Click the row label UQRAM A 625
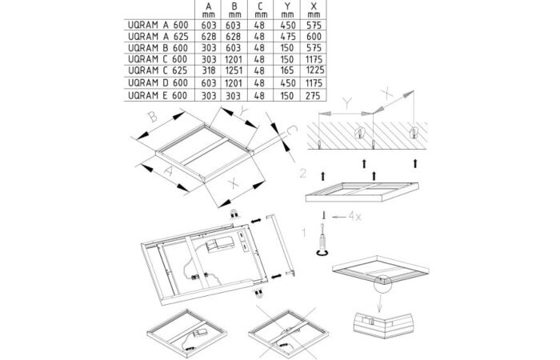click(158, 37)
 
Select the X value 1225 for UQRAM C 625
click(315, 70)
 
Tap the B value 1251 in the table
click(234, 70)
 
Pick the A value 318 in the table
click(209, 70)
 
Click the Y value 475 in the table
click(287, 37)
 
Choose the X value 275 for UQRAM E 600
click(314, 96)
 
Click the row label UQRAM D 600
click(158, 83)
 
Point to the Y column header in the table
click(287, 10)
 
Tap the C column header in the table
click(261, 10)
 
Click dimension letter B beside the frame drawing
click(153, 117)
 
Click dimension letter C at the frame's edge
click(292, 130)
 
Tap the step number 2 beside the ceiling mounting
click(303, 174)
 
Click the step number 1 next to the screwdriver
click(304, 233)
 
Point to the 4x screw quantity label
click(354, 216)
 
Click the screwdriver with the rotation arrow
click(323, 239)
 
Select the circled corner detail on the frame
click(382, 283)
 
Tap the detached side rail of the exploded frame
click(281, 244)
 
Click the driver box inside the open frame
click(220, 246)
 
